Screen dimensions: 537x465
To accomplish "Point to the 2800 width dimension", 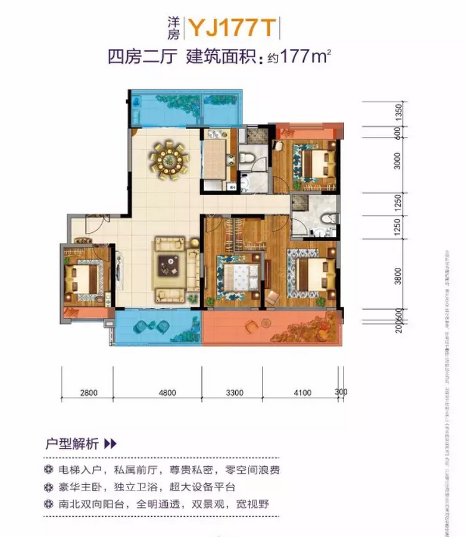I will coord(88,392).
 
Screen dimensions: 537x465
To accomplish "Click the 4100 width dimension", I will coord(302,392).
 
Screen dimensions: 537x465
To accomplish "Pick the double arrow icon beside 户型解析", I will coord(110,444).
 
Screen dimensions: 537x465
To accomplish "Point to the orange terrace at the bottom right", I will coord(273,328).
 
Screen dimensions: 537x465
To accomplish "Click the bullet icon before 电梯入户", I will coord(49,470).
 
